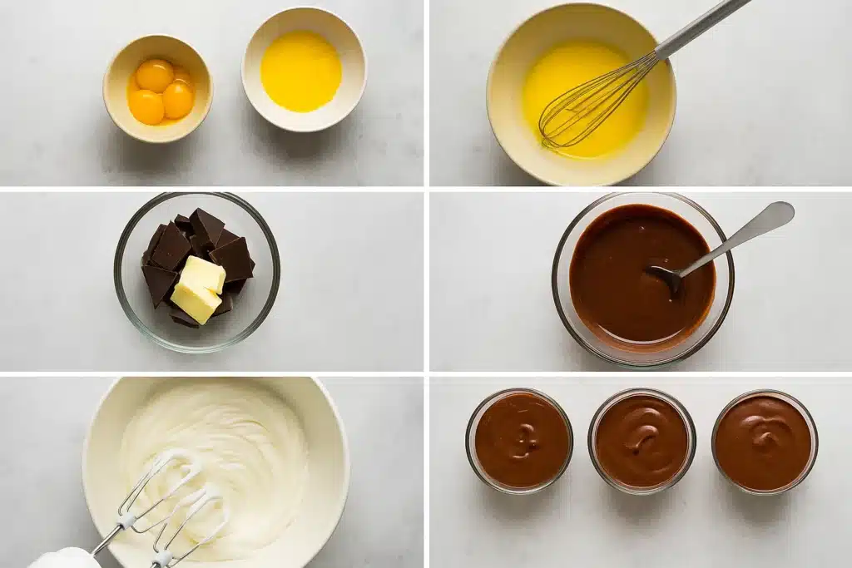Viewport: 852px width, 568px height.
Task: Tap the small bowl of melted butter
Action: coord(303,70)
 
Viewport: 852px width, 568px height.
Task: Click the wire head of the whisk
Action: coord(587,104)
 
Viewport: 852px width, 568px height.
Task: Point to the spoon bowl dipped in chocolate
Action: coord(666,277)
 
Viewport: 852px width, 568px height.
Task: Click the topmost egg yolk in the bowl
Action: coord(155,76)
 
